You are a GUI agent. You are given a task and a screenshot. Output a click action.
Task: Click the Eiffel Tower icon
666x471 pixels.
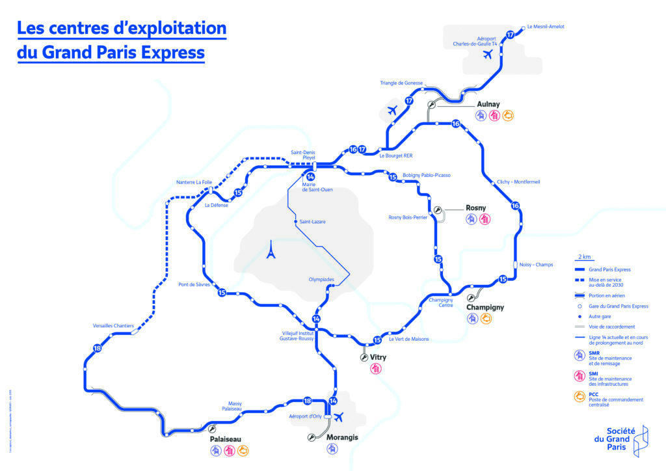pyautogui.click(x=271, y=250)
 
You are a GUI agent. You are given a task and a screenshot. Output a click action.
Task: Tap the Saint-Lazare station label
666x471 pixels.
pyautogui.click(x=312, y=222)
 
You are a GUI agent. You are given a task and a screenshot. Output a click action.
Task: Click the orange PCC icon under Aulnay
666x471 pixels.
pyautogui.click(x=509, y=116)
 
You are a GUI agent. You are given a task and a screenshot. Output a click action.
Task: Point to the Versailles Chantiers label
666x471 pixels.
pyautogui.click(x=114, y=325)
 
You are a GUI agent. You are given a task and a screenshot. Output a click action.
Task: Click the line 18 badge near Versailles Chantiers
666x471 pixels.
pyautogui.click(x=97, y=349)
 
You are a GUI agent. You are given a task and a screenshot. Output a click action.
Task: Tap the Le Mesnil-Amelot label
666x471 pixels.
pyautogui.click(x=545, y=27)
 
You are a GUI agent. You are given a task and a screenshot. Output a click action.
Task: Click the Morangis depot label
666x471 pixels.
pyautogui.click(x=342, y=437)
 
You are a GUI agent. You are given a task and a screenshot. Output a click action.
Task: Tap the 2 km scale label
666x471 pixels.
pyautogui.click(x=584, y=257)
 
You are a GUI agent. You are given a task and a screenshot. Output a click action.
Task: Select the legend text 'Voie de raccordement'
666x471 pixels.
pyautogui.click(x=611, y=327)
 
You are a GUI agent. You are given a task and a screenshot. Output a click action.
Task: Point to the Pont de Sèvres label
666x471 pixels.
pyautogui.click(x=194, y=284)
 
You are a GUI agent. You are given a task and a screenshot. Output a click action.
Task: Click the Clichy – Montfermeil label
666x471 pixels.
pyautogui.click(x=518, y=182)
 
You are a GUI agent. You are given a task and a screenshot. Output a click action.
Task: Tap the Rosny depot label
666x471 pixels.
pyautogui.click(x=476, y=208)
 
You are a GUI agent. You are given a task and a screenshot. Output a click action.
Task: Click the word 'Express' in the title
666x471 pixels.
pyautogui.click(x=172, y=52)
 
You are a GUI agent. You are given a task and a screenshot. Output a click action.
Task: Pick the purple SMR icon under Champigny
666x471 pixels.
pyautogui.click(x=472, y=319)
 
